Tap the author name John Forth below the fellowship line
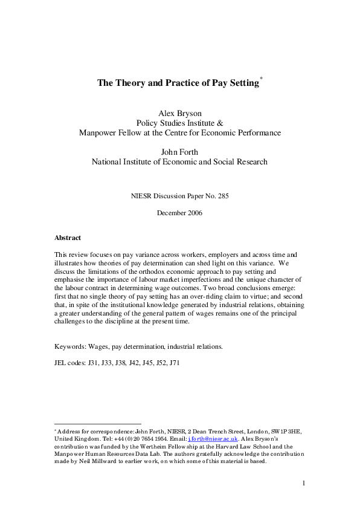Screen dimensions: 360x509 point(179,152)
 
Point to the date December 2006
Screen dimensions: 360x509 point(179,213)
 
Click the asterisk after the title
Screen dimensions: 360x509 point(261,79)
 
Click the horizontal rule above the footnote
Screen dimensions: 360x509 point(97,423)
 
